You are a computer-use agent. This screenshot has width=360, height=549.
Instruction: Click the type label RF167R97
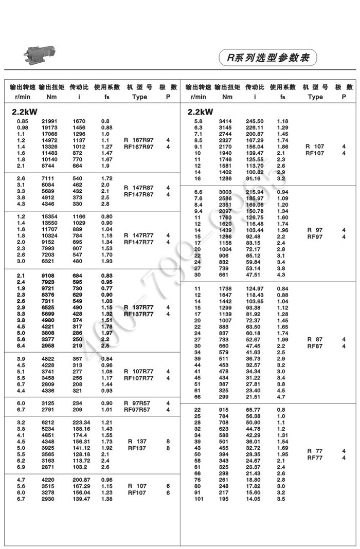pyautogui.click(x=139, y=147)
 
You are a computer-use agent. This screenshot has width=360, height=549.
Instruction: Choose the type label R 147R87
pyautogui.click(x=139, y=188)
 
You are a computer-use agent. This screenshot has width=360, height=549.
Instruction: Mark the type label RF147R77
pyautogui.click(x=139, y=242)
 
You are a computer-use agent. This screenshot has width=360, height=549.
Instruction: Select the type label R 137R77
pyautogui.click(x=139, y=307)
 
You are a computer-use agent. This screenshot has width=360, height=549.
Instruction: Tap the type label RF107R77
pyautogui.click(x=139, y=378)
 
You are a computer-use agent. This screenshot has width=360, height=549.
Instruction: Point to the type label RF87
pyautogui.click(x=315, y=346)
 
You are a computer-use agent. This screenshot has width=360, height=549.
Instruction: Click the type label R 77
pyautogui.click(x=315, y=451)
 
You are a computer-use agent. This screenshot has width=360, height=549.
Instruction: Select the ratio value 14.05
pyautogui.click(x=255, y=498)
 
